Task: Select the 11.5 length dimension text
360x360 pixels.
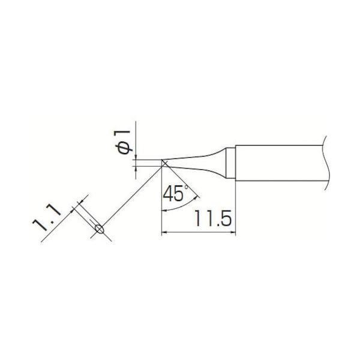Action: [212, 218]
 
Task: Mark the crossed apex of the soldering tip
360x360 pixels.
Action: [164, 163]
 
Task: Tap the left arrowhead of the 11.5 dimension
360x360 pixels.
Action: [166, 233]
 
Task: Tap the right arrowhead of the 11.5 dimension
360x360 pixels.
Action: [233, 233]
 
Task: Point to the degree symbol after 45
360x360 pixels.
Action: [187, 188]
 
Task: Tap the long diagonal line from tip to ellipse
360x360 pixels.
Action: [132, 195]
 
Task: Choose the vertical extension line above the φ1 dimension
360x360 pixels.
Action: [136, 138]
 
